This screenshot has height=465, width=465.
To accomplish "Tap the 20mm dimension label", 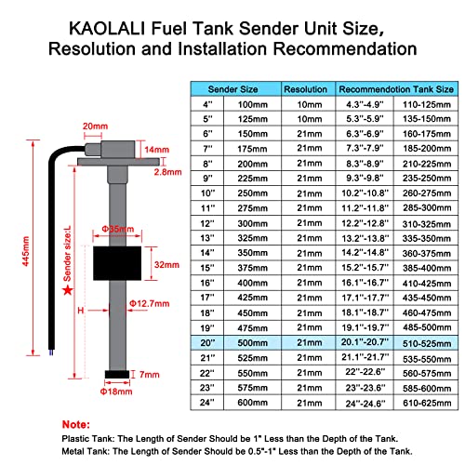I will [94, 126].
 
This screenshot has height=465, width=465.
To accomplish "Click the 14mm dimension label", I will [158, 149].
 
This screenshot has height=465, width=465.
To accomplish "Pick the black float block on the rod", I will [116, 262].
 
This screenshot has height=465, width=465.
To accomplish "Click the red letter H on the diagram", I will [81, 310].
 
